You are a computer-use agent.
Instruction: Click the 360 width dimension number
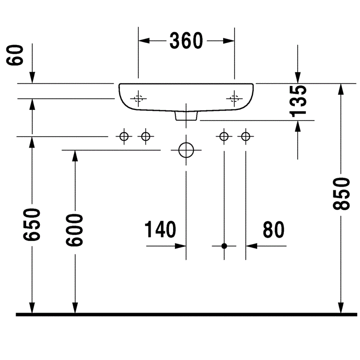pyautogui.click(x=186, y=40)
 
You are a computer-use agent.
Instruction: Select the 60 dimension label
pyautogui.click(x=15, y=55)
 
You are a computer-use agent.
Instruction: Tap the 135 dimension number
pyautogui.click(x=298, y=101)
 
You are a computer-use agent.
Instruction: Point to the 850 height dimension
pyautogui.click(x=342, y=194)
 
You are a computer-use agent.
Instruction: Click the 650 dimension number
pyautogui.click(x=32, y=224)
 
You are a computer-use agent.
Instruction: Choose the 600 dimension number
pyautogui.click(x=74, y=230)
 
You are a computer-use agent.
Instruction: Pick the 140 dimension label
pyautogui.click(x=160, y=229)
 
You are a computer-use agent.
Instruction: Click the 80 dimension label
pyautogui.click(x=274, y=230)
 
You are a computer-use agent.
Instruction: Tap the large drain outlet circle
pyautogui.click(x=186, y=150)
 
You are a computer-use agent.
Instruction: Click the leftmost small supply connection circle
pyautogui.click(x=124, y=137)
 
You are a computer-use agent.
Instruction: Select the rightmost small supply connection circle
pyautogui.click(x=246, y=137)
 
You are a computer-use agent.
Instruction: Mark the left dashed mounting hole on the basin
pyautogui.click(x=138, y=98)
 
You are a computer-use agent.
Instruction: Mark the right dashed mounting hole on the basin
pyautogui.click(x=234, y=98)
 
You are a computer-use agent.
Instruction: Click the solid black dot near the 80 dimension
pyautogui.click(x=224, y=246)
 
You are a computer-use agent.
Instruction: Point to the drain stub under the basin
pyautogui.click(x=186, y=116)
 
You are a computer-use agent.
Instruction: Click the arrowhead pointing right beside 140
pyautogui.click(x=180, y=246)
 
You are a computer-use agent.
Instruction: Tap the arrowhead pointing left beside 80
pyautogui.click(x=252, y=246)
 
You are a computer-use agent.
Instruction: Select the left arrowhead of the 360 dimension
pyautogui.click(x=144, y=40)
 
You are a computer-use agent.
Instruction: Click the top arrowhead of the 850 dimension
pyautogui.click(x=341, y=89)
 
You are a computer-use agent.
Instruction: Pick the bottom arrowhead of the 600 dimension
pyautogui.click(x=75, y=308)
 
